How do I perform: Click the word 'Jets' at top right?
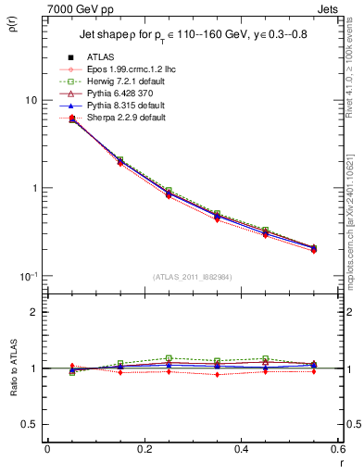330,8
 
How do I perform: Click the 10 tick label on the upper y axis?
31,100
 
